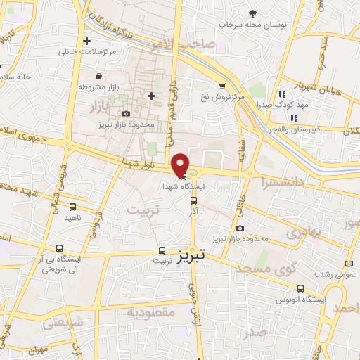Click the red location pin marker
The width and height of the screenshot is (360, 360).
click(181, 165)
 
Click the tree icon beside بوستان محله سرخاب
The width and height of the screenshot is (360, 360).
click(253, 13)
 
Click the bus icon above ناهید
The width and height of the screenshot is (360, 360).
click(72, 207)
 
